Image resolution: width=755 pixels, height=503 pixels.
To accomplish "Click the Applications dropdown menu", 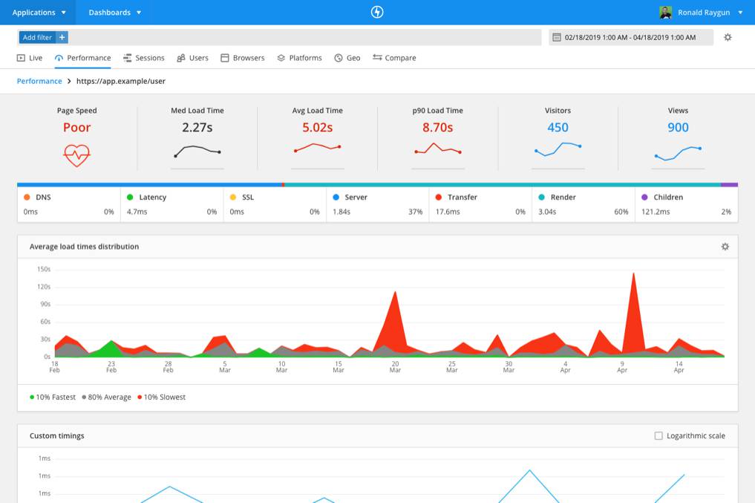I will pyautogui.click(x=39, y=13).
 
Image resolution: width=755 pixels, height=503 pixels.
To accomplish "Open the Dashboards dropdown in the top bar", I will pyautogui.click(x=114, y=13).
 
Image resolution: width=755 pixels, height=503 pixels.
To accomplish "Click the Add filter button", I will pyautogui.click(x=43, y=37).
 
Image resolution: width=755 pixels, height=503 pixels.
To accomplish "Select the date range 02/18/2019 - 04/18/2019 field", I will pyautogui.click(x=630, y=37).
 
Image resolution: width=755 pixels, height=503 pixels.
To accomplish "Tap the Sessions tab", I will pyautogui.click(x=144, y=58).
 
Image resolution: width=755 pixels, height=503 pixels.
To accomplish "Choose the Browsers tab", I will pyautogui.click(x=243, y=58).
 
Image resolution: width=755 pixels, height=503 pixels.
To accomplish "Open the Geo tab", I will pyautogui.click(x=347, y=58).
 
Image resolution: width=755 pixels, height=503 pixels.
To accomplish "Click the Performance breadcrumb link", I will pyautogui.click(x=39, y=81).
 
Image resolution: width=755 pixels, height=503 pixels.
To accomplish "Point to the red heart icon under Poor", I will pyautogui.click(x=76, y=155).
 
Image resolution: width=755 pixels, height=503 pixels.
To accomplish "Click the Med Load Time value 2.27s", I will pyautogui.click(x=197, y=128).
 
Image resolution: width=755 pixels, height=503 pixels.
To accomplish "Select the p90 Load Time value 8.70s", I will pyautogui.click(x=437, y=128).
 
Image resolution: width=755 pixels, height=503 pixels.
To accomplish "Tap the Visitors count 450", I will pyautogui.click(x=558, y=128).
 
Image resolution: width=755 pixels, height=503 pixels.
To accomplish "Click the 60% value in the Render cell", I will pyautogui.click(x=621, y=212).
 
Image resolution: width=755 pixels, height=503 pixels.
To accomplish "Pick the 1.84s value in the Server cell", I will pyautogui.click(x=341, y=212).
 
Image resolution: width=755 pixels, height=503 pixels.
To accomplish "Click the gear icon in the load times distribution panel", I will pyautogui.click(x=725, y=247).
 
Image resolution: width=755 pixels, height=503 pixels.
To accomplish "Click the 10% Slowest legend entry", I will pyautogui.click(x=161, y=397).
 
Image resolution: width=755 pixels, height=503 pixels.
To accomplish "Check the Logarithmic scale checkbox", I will pyautogui.click(x=658, y=436).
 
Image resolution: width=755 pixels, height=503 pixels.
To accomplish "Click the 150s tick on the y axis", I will pyautogui.click(x=43, y=270).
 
